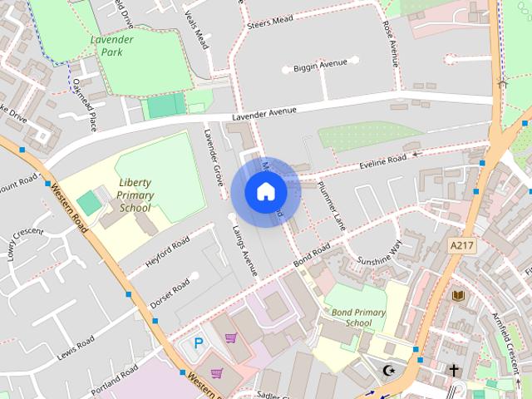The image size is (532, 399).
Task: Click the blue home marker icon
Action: click(x=265, y=191)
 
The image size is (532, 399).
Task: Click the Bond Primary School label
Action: click(x=358, y=318)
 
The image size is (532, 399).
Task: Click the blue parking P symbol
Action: click(x=198, y=342)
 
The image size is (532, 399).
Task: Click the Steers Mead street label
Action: click(x=270, y=22)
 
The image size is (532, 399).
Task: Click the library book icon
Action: click(x=457, y=295)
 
